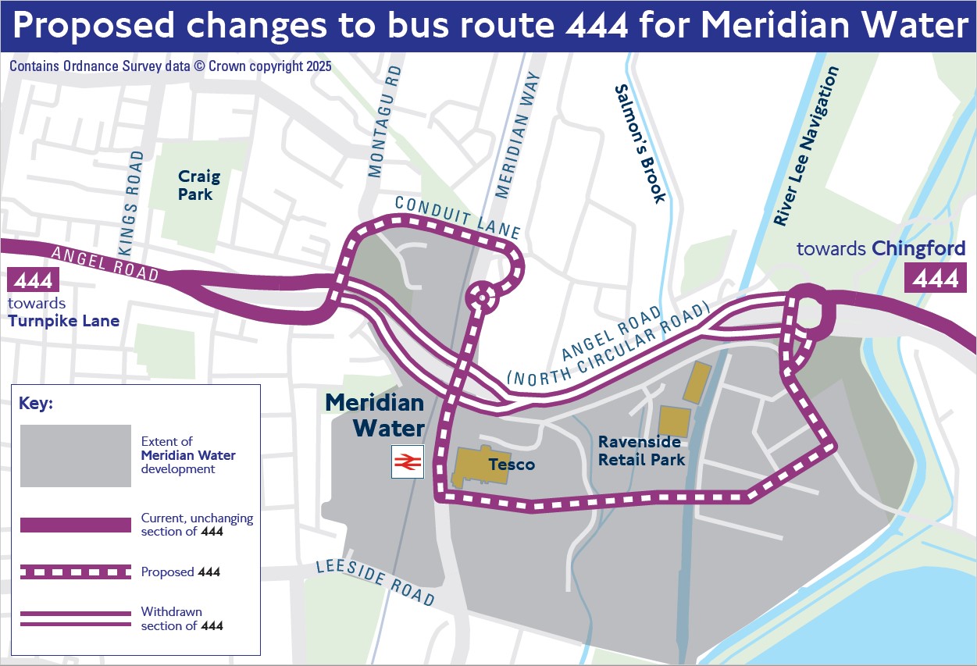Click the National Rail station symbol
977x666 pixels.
click(x=407, y=462)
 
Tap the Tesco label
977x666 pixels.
click(x=512, y=465)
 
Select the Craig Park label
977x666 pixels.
click(x=199, y=186)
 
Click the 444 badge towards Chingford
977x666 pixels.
click(x=935, y=278)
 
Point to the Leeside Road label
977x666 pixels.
click(x=374, y=582)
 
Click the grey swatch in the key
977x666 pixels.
click(x=75, y=456)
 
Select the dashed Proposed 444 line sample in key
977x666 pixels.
click(x=75, y=572)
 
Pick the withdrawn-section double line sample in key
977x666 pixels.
click(x=75, y=618)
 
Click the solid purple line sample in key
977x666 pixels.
click(x=75, y=525)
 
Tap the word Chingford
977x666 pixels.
click(x=918, y=249)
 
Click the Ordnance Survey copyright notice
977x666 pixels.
click(x=170, y=66)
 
